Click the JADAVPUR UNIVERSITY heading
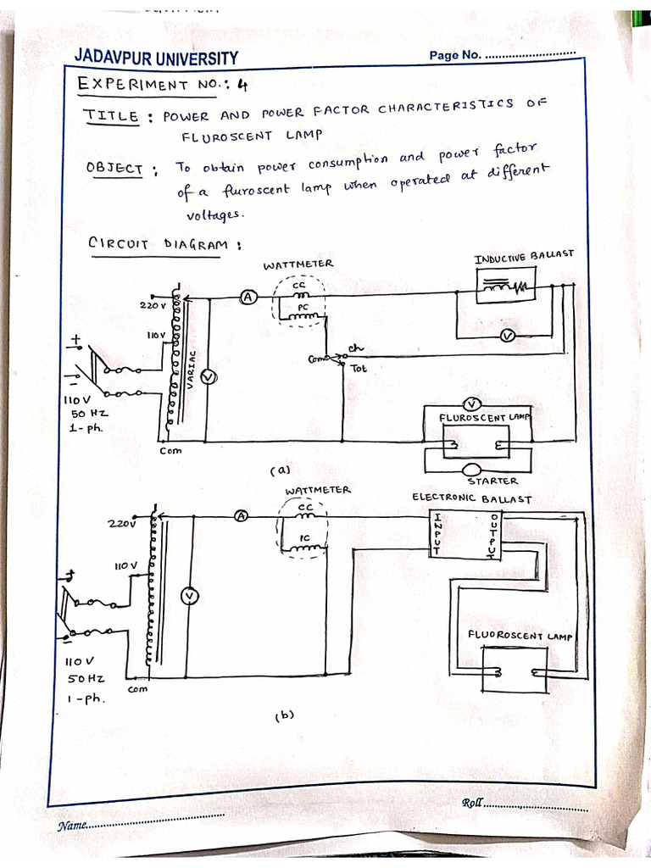point(156,58)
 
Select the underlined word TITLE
point(111,116)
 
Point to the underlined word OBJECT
point(114,168)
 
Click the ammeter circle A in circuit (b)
point(240,515)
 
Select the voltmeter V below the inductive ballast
point(508,337)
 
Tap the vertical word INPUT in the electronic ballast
point(437,533)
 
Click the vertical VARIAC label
point(192,370)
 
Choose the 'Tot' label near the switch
point(359,369)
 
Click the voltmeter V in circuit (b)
point(191,598)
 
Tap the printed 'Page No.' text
point(455,56)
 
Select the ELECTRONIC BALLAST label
point(471,498)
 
